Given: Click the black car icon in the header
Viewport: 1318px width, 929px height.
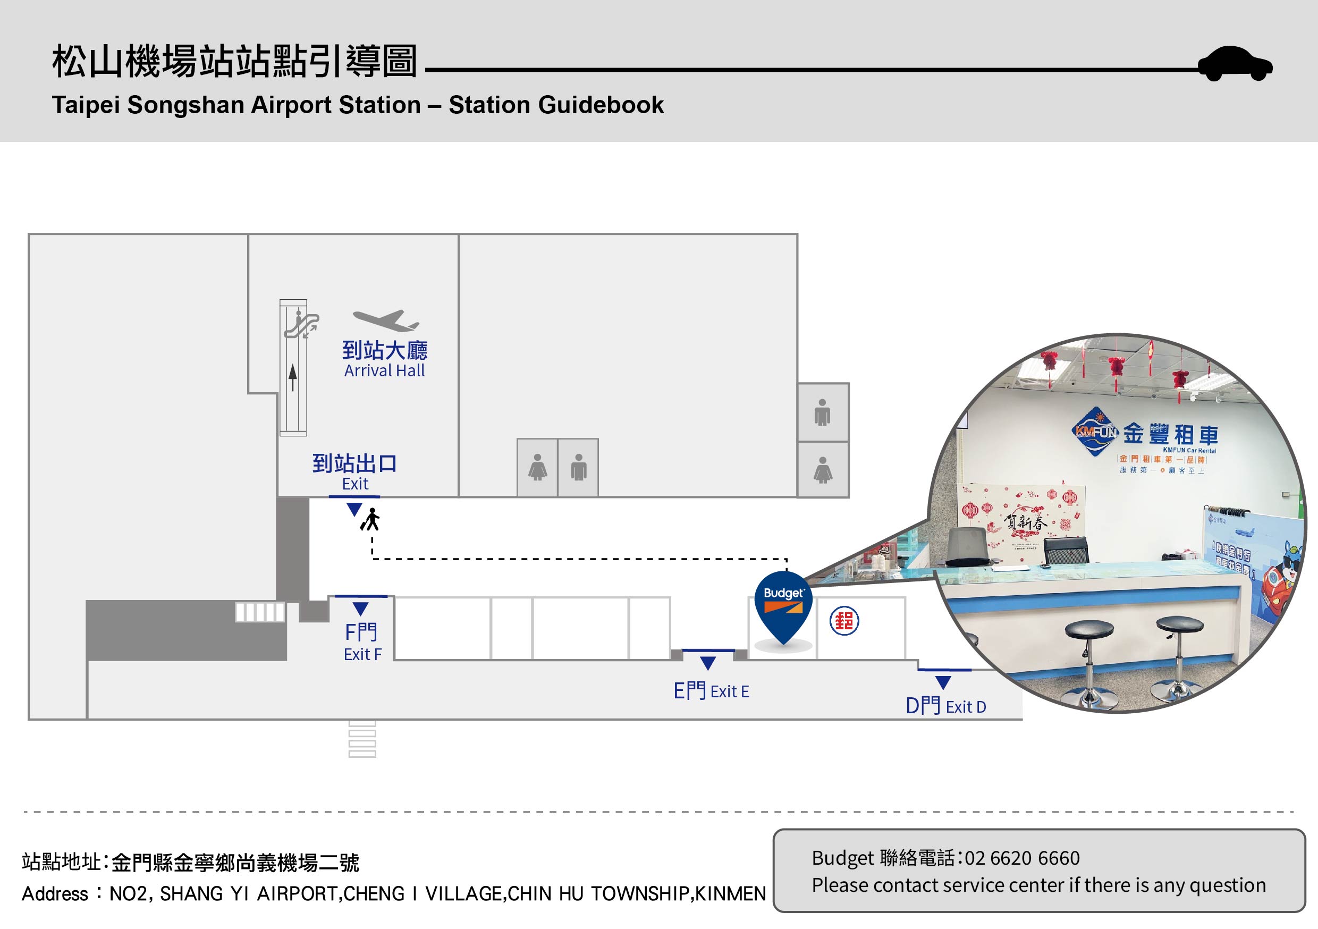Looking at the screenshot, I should (x=1235, y=64).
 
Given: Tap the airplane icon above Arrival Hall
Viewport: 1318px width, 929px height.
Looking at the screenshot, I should (x=386, y=320).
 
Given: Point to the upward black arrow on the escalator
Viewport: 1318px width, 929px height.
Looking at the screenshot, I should (x=293, y=377).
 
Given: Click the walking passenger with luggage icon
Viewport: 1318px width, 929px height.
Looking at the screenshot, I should (x=371, y=520).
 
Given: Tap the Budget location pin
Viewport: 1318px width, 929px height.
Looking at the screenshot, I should (x=783, y=605).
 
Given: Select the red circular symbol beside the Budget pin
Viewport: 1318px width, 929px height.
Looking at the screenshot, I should (x=844, y=621).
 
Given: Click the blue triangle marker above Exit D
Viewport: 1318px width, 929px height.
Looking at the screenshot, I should (x=943, y=682).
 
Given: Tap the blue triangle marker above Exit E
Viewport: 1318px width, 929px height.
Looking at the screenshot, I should (x=708, y=663).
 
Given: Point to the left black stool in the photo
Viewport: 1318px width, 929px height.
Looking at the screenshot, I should (x=1088, y=660).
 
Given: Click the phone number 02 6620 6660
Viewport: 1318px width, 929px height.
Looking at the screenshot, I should (x=1022, y=858).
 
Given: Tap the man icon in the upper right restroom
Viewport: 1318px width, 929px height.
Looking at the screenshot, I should (x=823, y=412).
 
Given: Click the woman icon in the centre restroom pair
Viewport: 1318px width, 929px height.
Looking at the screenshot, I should (x=537, y=467).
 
